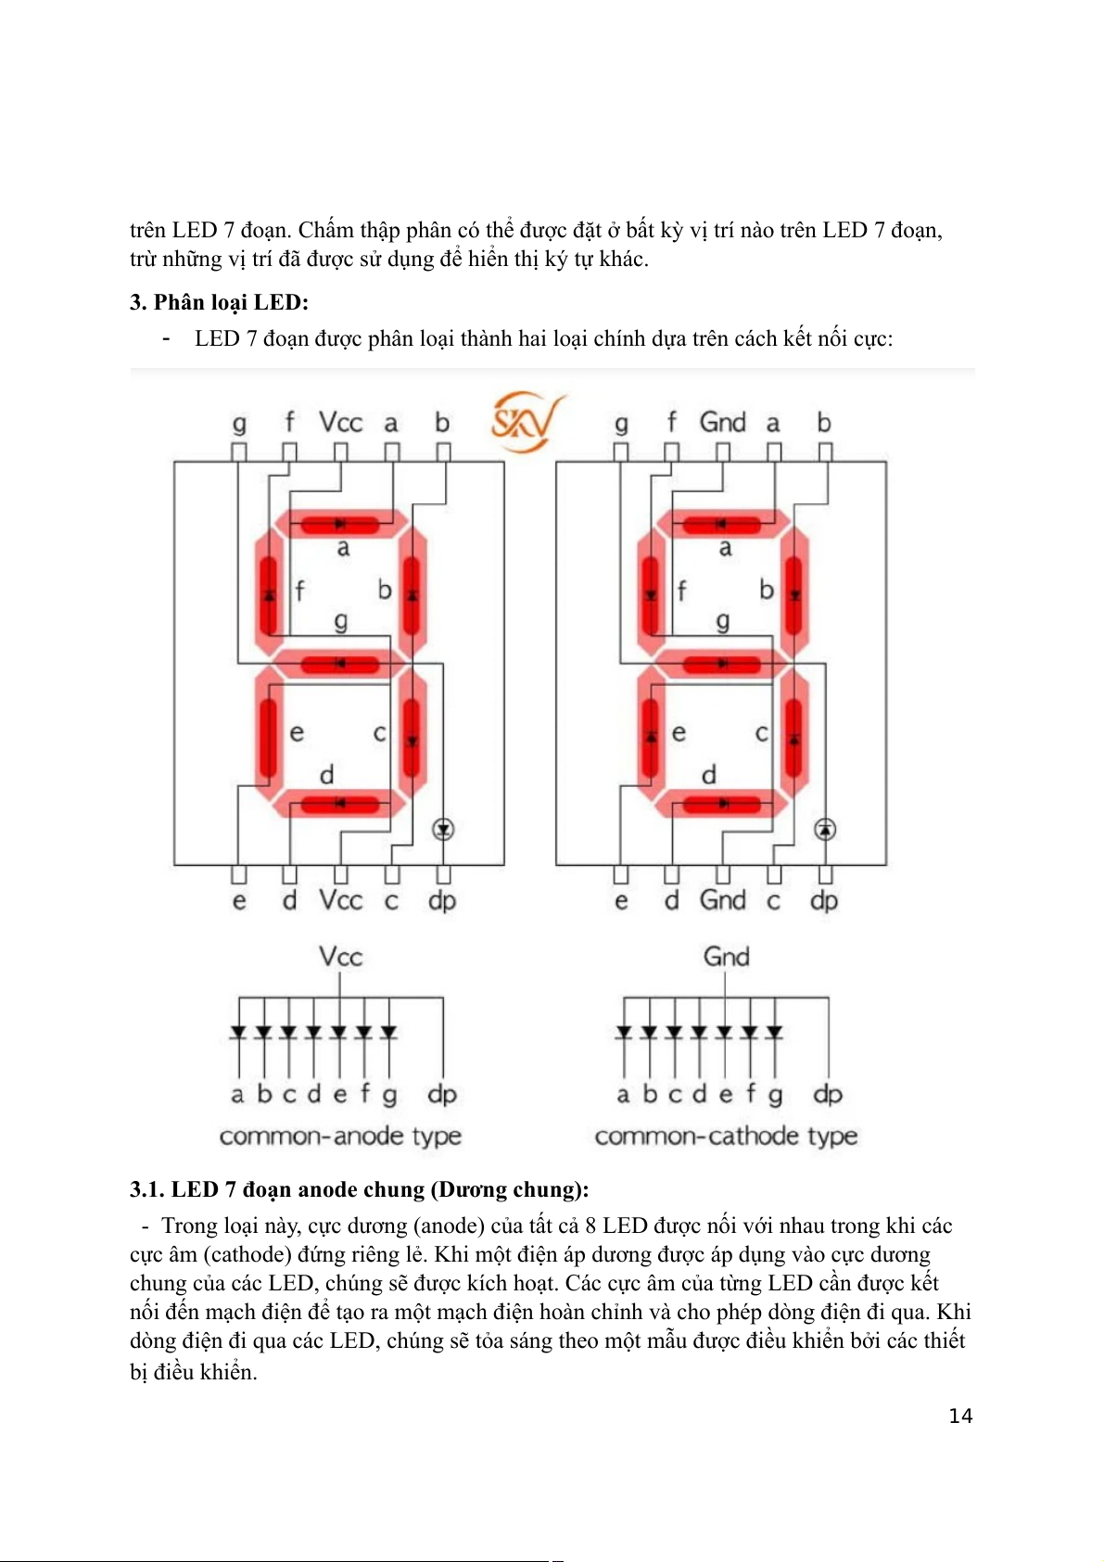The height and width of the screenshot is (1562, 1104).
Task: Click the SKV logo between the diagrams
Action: click(x=526, y=422)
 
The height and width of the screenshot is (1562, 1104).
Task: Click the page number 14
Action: click(x=960, y=1416)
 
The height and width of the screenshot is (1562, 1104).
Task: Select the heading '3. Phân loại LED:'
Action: click(x=219, y=302)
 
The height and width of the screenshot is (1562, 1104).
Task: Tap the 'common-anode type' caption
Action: click(x=340, y=1136)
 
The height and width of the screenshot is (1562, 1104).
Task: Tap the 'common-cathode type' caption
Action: click(x=726, y=1136)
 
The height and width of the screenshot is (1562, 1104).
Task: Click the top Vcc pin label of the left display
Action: click(x=340, y=423)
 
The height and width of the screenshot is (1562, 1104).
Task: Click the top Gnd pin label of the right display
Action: click(x=722, y=423)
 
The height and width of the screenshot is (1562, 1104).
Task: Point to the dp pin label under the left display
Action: click(x=442, y=900)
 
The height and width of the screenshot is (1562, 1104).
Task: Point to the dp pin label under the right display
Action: click(x=824, y=900)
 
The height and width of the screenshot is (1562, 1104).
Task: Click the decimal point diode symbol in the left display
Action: click(x=443, y=829)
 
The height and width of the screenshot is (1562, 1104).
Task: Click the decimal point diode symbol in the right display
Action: click(x=825, y=829)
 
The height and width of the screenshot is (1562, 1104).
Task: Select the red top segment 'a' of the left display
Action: click(x=340, y=525)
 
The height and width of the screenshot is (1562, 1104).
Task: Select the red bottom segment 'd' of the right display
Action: click(x=722, y=803)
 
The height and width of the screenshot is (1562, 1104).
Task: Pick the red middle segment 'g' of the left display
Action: click(x=340, y=664)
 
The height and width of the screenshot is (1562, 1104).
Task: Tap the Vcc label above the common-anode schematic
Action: click(x=340, y=957)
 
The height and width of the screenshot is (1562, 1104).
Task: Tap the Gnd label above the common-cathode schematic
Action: click(x=726, y=957)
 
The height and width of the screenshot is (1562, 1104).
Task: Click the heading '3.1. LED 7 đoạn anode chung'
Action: click(x=359, y=1189)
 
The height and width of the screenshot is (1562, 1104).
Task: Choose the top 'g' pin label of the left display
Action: click(x=239, y=424)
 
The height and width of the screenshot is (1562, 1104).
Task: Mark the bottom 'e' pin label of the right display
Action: click(x=621, y=900)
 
